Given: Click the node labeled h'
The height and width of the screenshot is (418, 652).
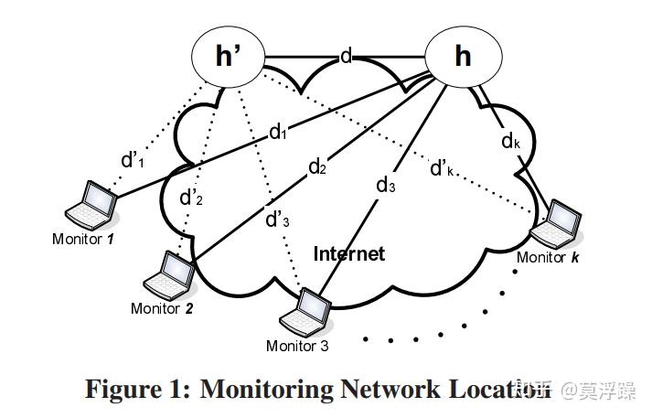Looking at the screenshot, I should click(x=228, y=56).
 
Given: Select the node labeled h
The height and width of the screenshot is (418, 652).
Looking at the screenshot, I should click(x=463, y=56).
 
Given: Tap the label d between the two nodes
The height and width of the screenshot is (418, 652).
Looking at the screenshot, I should click(x=346, y=57).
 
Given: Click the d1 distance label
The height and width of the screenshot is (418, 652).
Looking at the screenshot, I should click(x=278, y=132).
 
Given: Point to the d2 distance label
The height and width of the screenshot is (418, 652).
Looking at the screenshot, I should click(x=317, y=166).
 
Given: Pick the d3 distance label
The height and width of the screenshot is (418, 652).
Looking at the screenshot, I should click(x=386, y=185).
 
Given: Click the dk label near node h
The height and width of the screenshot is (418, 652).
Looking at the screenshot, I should click(x=511, y=141).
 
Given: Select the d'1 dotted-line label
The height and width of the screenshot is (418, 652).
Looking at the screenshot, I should click(x=134, y=160).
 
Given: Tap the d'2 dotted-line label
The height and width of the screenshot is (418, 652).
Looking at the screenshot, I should click(x=191, y=197).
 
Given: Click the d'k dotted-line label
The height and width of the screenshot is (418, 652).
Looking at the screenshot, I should click(x=443, y=168).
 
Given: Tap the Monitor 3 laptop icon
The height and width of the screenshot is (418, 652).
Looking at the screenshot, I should click(x=305, y=314).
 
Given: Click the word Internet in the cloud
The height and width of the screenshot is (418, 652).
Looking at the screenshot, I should click(x=349, y=253).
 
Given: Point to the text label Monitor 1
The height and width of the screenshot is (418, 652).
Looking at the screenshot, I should click(x=83, y=239).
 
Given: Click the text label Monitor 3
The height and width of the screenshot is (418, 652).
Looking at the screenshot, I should click(x=297, y=346).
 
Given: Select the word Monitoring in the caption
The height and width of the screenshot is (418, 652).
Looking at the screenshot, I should click(x=267, y=389).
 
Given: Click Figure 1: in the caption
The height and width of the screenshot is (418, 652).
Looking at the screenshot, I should click(x=138, y=389).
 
